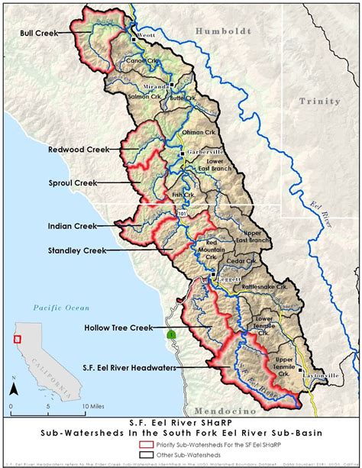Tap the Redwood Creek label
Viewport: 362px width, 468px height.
coord(78,150)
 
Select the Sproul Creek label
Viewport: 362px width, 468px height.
coord(74,183)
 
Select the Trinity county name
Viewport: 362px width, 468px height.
coord(319,101)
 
